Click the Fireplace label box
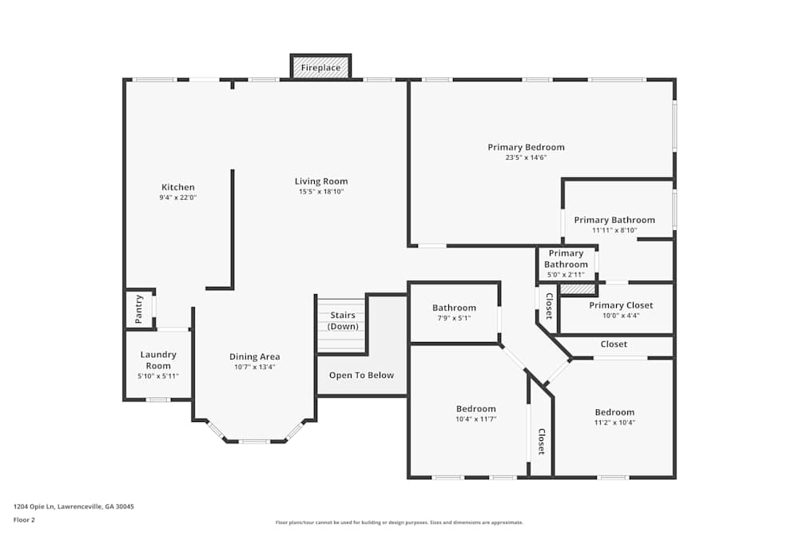(320, 68)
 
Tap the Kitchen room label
(178, 187)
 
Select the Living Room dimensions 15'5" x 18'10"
(321, 192)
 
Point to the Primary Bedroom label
(526, 147)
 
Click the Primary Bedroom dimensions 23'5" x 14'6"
(526, 157)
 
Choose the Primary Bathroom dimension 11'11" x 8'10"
(614, 230)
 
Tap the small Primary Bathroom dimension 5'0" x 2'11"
(566, 274)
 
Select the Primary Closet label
(621, 305)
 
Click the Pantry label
(139, 308)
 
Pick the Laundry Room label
(158, 360)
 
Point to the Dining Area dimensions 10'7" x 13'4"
(256, 368)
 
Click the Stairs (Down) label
(343, 320)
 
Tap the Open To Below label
(361, 376)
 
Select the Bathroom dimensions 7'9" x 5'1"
(454, 318)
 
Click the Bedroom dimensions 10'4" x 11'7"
(476, 419)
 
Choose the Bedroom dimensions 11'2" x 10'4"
(614, 423)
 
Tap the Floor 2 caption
(24, 519)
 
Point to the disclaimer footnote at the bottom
(399, 522)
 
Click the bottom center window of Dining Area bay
(254, 441)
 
